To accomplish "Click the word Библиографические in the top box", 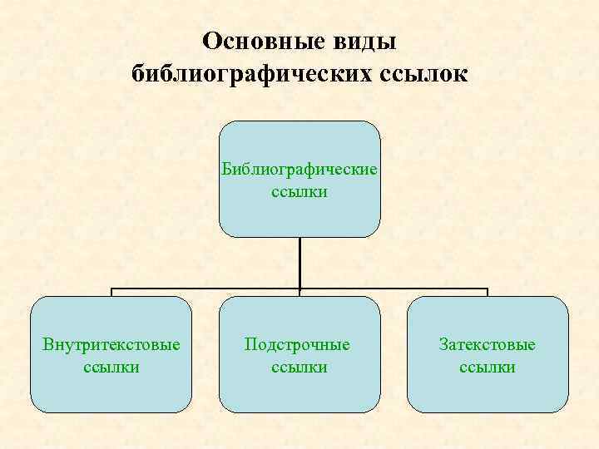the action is (299, 170).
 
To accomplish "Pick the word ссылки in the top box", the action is (299, 192).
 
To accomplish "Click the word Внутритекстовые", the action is (111, 344).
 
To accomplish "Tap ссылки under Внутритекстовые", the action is (111, 367).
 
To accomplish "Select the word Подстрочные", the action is (298, 344).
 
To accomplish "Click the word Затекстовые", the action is (488, 344).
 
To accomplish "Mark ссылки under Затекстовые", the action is (488, 367).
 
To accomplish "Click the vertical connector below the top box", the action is (299, 262).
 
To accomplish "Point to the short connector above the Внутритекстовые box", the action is (112, 293).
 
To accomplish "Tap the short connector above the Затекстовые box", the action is (488, 293).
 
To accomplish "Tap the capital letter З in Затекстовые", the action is (443, 344).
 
